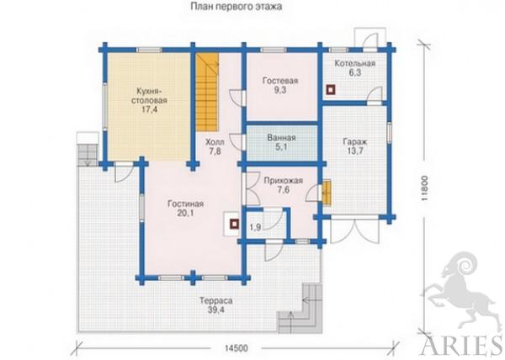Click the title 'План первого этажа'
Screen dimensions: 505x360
[237, 7]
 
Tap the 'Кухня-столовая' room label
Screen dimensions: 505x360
[149, 95]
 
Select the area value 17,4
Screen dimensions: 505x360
[149, 109]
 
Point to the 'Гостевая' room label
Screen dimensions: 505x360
[280, 81]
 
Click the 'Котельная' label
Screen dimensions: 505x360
[354, 63]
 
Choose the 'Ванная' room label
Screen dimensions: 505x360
[281, 138]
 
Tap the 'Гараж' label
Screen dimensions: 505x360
[355, 142]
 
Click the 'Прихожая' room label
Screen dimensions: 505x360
[283, 181]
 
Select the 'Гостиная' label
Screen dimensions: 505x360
[185, 204]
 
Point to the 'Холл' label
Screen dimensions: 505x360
[215, 142]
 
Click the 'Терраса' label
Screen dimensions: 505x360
[216, 301]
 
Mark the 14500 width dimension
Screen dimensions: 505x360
[237, 348]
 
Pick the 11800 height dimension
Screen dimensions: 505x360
[425, 188]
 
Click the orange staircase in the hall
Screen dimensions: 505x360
[207, 92]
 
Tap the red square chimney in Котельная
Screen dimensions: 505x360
[331, 90]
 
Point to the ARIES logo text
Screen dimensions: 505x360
[462, 347]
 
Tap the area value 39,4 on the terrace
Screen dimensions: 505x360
[216, 310]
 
